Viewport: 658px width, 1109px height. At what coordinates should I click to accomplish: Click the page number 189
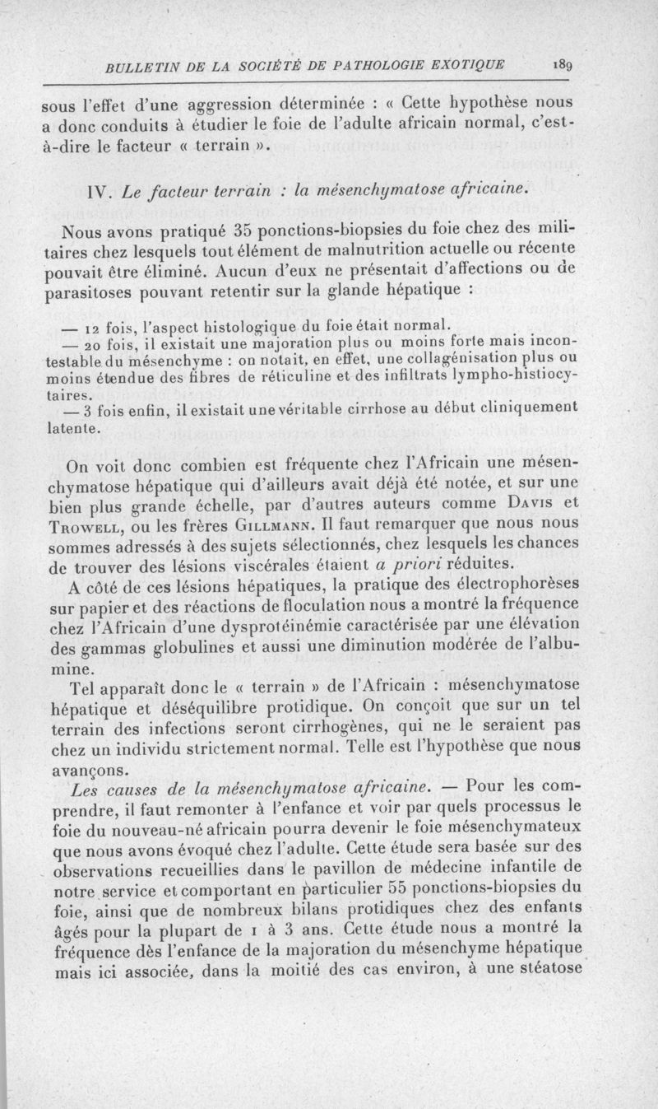562,65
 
